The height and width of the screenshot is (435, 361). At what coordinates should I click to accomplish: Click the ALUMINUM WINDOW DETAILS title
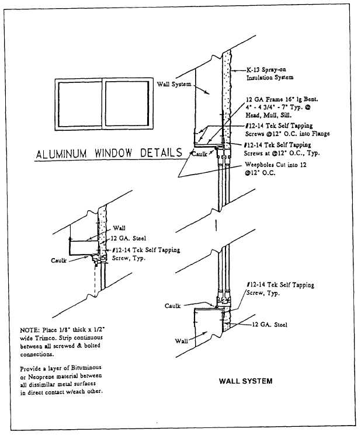coord(109,155)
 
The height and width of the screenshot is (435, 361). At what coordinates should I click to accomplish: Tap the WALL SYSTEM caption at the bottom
coord(245,381)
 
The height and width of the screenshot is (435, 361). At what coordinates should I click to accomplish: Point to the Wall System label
coord(173,84)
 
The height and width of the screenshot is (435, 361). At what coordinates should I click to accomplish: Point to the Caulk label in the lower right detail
coord(173,305)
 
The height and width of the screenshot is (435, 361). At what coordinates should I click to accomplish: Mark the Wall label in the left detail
coord(119,228)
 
